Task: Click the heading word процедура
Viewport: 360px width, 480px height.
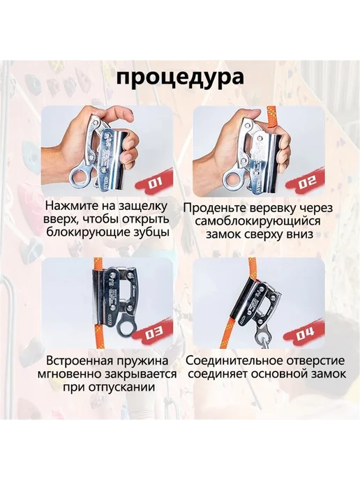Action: click(180, 77)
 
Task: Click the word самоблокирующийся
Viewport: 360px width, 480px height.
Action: click(257, 221)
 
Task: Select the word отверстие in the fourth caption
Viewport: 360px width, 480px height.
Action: click(315, 361)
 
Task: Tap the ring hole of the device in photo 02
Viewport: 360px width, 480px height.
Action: click(233, 179)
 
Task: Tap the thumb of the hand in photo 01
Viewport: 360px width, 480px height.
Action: click(121, 114)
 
